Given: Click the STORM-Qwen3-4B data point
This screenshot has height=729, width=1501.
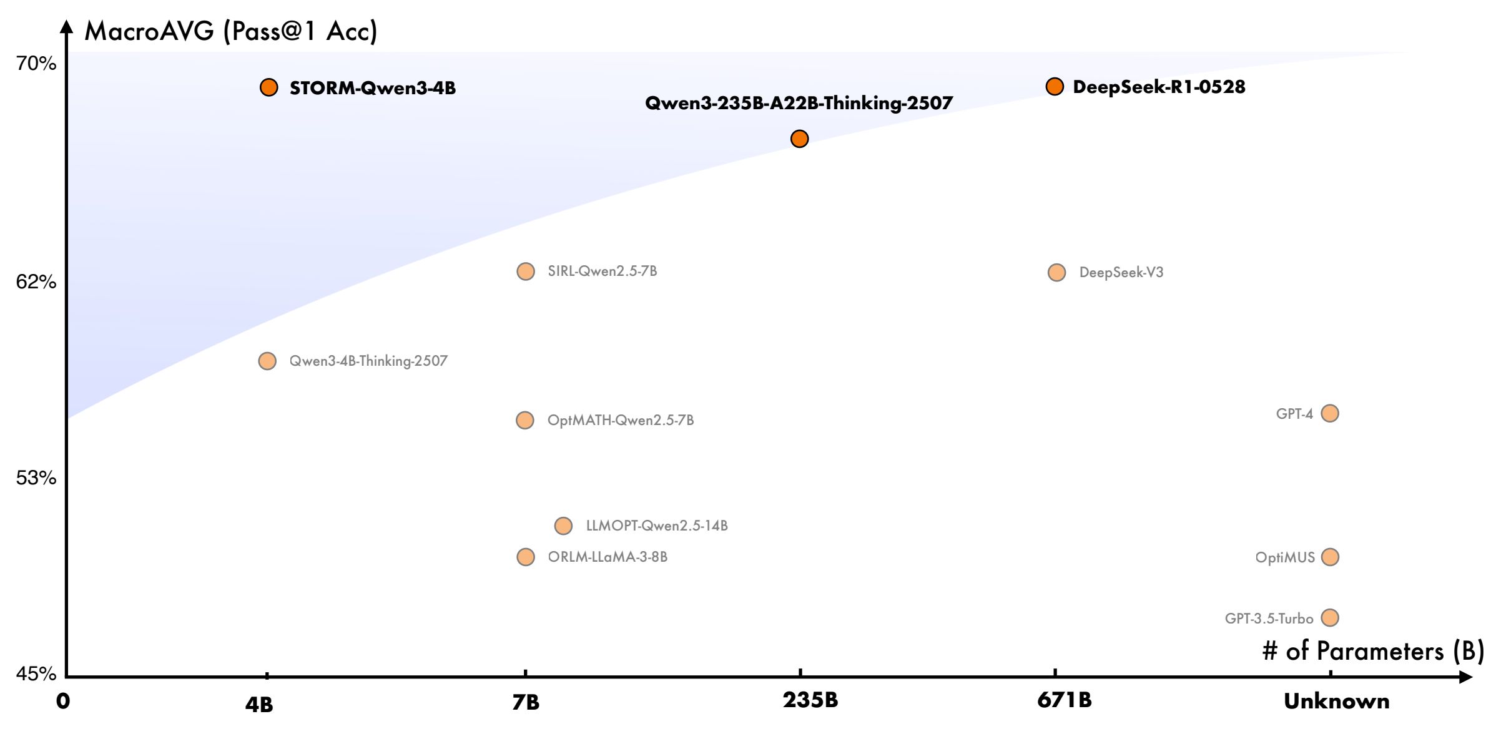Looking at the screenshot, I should click(268, 87).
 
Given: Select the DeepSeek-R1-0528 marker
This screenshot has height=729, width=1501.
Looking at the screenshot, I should click(1055, 87).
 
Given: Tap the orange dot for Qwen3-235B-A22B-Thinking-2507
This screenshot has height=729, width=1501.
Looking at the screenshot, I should click(799, 139).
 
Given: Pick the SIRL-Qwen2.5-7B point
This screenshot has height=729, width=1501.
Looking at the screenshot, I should click(526, 272).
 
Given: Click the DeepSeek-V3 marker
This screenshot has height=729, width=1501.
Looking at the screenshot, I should click(1056, 273).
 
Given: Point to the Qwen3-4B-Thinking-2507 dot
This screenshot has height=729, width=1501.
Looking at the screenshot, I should click(267, 361).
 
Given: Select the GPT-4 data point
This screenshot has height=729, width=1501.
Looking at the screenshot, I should click(1330, 413).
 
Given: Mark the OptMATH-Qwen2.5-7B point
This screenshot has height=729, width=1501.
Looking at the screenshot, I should click(525, 420).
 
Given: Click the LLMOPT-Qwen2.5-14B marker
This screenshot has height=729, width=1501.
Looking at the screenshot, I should click(563, 526).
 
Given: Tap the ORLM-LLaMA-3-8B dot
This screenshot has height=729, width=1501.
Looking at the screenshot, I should click(526, 557).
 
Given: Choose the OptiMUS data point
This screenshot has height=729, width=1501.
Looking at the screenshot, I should click(1330, 557).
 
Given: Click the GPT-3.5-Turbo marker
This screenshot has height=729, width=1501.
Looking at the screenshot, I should click(1330, 618).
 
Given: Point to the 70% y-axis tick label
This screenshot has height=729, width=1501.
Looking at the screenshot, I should click(36, 64).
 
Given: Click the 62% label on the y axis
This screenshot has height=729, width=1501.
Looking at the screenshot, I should click(36, 282).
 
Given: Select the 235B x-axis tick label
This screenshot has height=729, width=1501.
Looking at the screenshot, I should click(810, 700).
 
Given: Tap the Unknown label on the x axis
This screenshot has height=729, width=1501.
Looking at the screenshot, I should click(1336, 702).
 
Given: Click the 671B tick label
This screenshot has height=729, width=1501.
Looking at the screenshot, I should click(1065, 700).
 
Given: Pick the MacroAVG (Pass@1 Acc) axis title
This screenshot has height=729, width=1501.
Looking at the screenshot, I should click(231, 31).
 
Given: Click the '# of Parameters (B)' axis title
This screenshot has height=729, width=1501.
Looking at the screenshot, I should click(1373, 652).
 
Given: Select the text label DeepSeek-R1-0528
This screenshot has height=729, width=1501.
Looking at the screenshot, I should click(1159, 87).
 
